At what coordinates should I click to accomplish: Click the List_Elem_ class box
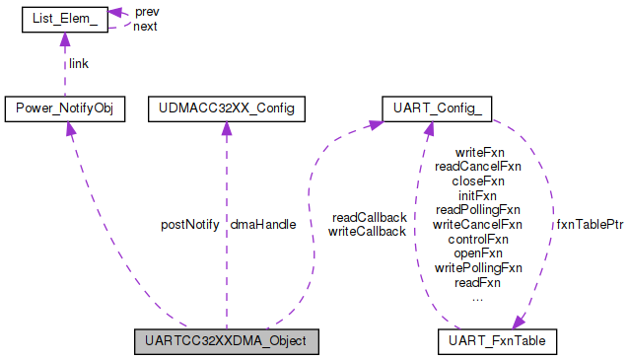click(64, 19)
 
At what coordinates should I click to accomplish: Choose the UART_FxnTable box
click(498, 341)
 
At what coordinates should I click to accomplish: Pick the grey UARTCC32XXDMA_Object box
click(226, 341)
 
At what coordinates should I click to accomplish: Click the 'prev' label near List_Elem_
click(147, 12)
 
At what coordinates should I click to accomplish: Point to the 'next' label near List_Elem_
click(146, 27)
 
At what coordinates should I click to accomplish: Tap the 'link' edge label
click(79, 63)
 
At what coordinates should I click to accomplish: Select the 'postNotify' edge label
click(189, 225)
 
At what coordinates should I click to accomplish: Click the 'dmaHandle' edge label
click(262, 225)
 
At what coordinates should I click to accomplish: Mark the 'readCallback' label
click(369, 217)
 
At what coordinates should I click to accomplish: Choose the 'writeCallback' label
click(367, 232)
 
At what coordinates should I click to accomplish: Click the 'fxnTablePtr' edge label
click(590, 225)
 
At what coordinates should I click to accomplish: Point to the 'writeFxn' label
click(478, 153)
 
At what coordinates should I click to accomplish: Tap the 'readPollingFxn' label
click(478, 210)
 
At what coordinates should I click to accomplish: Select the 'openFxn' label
click(478, 252)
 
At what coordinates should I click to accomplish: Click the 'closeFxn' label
click(478, 181)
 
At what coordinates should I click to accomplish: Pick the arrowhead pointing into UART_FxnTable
click(520, 324)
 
